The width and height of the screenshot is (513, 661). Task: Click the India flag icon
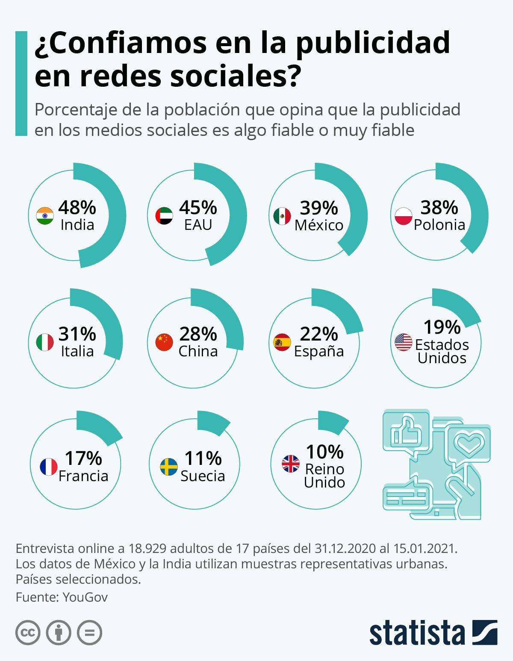click(45, 216)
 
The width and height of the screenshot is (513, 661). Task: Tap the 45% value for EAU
click(198, 208)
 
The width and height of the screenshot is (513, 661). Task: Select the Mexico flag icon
click(282, 216)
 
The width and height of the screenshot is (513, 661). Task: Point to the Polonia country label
click(439, 225)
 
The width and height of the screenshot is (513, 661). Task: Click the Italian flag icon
click(45, 342)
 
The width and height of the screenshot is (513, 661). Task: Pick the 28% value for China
click(198, 334)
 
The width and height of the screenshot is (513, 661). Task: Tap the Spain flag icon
click(282, 342)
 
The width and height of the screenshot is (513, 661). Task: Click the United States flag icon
click(403, 342)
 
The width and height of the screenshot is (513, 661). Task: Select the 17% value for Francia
click(83, 458)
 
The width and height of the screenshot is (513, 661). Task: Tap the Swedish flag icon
click(168, 467)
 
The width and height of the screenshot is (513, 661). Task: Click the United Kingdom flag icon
click(291, 464)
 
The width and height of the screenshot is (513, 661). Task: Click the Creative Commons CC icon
click(28, 633)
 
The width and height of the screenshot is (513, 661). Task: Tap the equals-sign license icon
click(89, 633)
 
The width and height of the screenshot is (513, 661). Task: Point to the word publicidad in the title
click(373, 43)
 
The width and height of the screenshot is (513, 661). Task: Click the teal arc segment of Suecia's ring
click(213, 422)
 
